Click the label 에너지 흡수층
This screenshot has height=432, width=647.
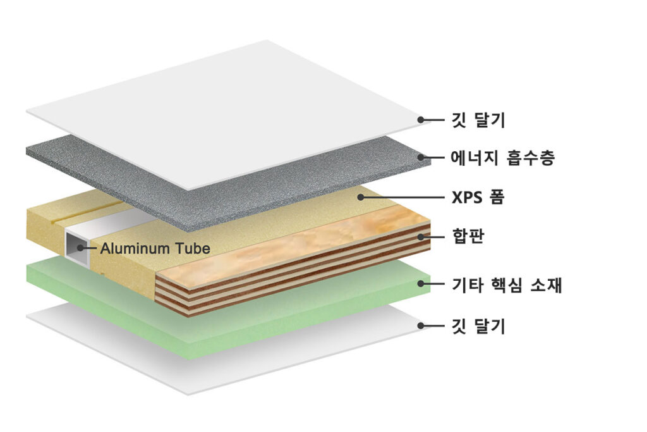pos(502,157)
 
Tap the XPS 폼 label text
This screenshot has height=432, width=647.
pos(478,197)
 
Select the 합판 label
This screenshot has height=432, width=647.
pos(468,236)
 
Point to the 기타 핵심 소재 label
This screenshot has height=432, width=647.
pos(507,284)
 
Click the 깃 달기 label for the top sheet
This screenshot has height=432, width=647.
pos(478,120)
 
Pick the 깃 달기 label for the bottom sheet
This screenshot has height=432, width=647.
pos(478,326)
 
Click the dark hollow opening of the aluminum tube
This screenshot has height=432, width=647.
pos(78,248)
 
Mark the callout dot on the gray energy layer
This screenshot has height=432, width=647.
pos(420,157)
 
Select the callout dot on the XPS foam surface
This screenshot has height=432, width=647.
pos(360,197)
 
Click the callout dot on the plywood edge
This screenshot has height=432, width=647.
pos(420,237)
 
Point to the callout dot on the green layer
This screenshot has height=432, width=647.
pos(420,284)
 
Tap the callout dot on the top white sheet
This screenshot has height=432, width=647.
pos(420,120)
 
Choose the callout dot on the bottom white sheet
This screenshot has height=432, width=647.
pos(420,326)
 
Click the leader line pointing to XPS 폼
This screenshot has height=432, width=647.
pos(402,197)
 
